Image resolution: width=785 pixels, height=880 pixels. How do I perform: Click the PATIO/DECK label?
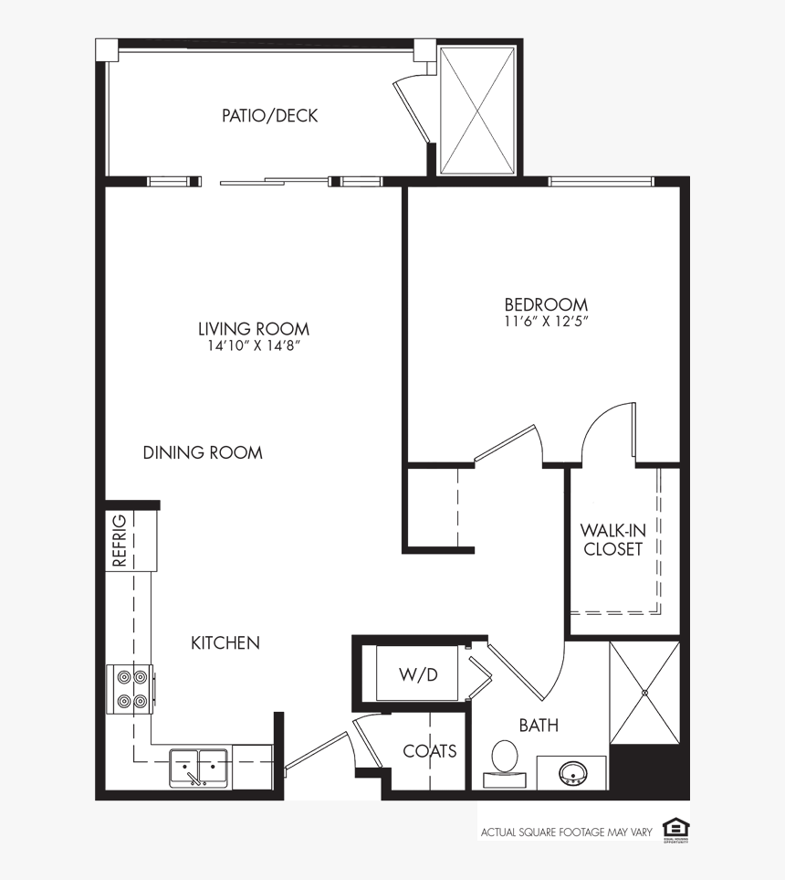(270, 116)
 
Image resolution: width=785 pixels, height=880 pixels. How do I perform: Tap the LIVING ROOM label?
(254, 329)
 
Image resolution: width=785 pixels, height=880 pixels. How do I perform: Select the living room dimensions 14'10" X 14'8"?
(254, 347)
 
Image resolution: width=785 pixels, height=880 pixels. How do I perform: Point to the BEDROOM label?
(546, 304)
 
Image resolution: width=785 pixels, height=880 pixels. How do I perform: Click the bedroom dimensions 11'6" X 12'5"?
(546, 322)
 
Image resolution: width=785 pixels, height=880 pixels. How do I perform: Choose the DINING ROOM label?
(203, 452)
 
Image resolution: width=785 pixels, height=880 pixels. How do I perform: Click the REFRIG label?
(120, 541)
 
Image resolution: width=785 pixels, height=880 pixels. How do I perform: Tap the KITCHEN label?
(225, 643)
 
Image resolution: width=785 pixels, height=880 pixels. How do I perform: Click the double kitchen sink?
(200, 768)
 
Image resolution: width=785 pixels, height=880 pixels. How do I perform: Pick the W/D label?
(418, 674)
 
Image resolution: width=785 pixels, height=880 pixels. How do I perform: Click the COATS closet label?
(429, 751)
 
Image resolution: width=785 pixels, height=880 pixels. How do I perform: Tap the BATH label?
(539, 726)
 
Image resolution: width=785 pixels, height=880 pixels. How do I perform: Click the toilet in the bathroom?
(505, 760)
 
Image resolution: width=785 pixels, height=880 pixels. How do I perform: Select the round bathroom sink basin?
(572, 772)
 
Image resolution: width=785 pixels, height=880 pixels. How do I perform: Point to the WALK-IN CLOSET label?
(612, 540)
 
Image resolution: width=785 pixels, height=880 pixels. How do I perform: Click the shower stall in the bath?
(644, 693)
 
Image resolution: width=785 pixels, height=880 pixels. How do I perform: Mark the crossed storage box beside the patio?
(477, 110)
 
